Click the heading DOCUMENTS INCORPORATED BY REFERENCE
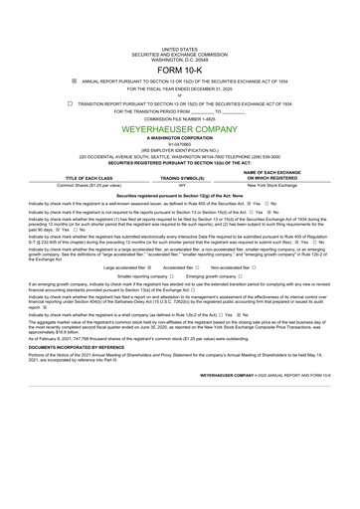(79, 376)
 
